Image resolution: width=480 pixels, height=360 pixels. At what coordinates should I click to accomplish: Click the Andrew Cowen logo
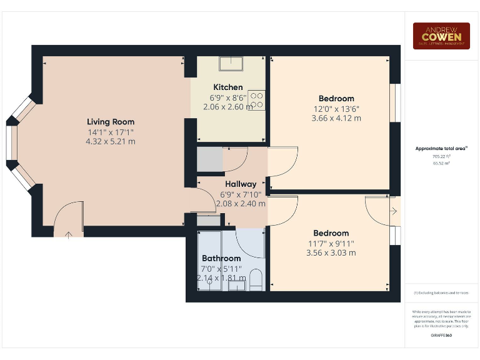point(441,36)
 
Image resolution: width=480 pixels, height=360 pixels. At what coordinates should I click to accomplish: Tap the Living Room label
point(111,122)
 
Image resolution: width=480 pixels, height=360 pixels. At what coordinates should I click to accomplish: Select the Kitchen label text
point(228,87)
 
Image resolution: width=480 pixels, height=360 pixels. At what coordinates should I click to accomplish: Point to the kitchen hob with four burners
point(257,100)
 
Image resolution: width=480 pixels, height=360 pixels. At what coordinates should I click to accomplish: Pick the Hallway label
point(241,184)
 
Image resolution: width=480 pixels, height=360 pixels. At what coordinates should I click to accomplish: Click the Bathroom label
point(221,258)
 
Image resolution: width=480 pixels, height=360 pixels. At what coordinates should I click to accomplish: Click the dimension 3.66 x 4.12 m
point(336,119)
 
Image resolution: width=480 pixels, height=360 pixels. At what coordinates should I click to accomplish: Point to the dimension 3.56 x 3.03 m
point(331,253)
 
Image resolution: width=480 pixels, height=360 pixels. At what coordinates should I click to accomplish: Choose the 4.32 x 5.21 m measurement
point(111,142)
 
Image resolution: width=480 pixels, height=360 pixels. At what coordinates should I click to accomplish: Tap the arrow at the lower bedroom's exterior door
point(393,212)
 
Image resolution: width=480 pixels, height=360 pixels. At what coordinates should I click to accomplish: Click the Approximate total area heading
point(441,149)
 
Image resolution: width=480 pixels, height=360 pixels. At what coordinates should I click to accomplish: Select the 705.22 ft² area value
point(441,156)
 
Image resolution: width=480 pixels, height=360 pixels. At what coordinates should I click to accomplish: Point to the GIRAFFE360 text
point(441,336)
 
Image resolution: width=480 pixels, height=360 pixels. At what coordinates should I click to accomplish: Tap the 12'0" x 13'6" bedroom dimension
point(336,109)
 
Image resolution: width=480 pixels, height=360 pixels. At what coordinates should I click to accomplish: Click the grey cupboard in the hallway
point(210,160)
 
